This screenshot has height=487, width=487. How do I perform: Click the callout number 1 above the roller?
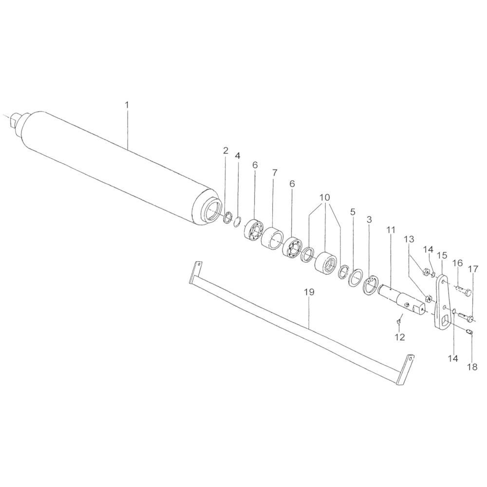pos(127,105)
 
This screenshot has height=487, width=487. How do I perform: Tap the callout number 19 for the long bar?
pos(309,292)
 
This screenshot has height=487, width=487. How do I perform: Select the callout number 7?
pos(274,173)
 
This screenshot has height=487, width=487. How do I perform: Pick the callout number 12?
pos(400,337)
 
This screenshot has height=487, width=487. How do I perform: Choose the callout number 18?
pos(472,367)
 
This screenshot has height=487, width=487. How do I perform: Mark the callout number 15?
pos(442,256)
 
